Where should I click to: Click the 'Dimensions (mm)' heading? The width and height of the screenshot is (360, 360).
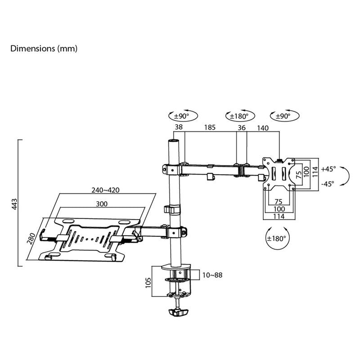[44, 49]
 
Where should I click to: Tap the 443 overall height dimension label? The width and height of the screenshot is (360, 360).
[14, 204]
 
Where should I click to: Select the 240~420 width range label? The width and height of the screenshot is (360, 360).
[105, 190]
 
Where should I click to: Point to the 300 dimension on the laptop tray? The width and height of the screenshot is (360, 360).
[102, 204]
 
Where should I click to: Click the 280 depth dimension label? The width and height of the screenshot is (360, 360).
[31, 238]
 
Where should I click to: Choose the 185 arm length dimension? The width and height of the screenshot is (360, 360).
[210, 127]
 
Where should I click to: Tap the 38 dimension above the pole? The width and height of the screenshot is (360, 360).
[179, 127]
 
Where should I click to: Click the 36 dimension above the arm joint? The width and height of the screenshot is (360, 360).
[242, 128]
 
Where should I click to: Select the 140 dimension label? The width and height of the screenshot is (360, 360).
[263, 128]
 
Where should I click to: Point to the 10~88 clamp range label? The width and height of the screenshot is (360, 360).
[212, 275]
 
